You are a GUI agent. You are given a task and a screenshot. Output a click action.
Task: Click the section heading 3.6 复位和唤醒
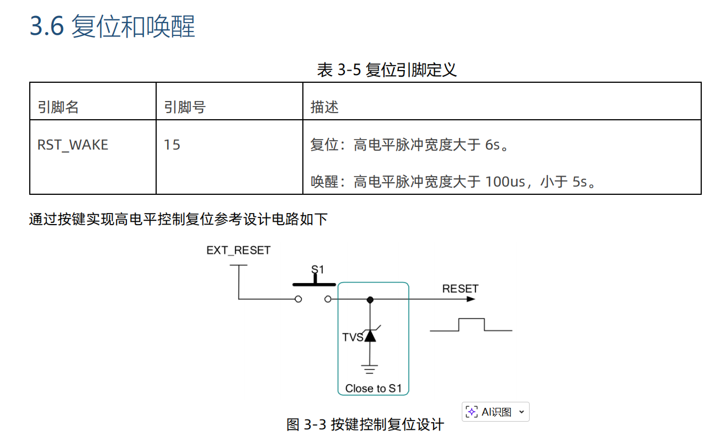click(x=112, y=26)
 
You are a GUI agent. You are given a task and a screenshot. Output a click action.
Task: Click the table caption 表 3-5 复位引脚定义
click(x=387, y=70)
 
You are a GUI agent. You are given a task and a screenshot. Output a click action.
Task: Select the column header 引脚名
click(x=58, y=107)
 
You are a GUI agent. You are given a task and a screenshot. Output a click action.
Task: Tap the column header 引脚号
click(x=184, y=107)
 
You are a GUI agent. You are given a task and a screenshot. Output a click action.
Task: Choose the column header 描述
click(x=324, y=107)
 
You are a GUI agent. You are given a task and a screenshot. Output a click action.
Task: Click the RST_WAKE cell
click(x=72, y=145)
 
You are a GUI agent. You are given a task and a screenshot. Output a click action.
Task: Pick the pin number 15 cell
click(x=172, y=145)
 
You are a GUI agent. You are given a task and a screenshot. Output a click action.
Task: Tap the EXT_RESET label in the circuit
click(x=238, y=251)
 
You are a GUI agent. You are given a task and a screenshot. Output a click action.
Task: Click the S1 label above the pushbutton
click(x=318, y=270)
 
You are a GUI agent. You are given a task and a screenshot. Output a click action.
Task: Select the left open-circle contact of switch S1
click(x=298, y=299)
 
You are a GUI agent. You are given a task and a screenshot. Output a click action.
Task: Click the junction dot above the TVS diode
click(x=370, y=300)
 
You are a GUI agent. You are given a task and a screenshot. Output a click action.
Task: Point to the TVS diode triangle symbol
click(x=370, y=336)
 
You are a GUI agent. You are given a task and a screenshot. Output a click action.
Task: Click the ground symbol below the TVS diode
click(x=370, y=368)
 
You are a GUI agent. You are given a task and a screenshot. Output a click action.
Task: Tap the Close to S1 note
click(x=373, y=389)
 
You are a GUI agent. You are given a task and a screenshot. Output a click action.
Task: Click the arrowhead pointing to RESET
click(x=470, y=299)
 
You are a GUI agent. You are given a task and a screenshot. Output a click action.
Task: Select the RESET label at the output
click(x=460, y=289)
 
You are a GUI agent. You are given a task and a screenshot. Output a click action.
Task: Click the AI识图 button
click(x=495, y=412)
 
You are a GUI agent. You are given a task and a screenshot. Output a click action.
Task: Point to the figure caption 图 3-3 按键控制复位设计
click(x=365, y=424)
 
